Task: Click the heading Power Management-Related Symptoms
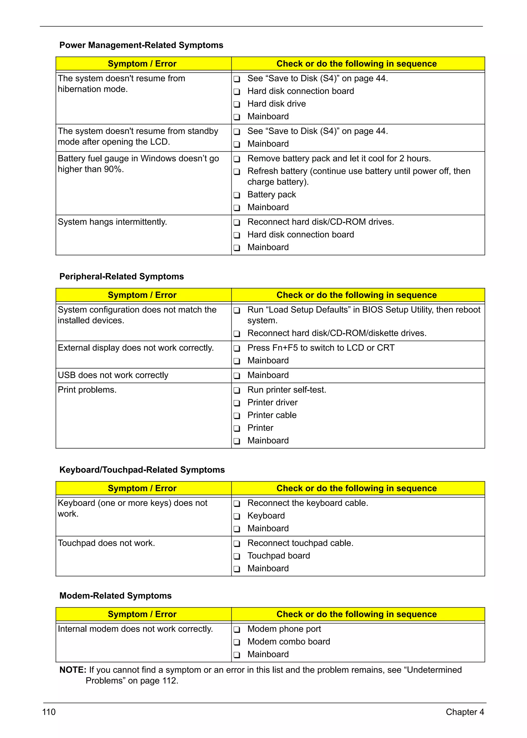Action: pos(141,45)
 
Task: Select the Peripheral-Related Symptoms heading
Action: pos(121,277)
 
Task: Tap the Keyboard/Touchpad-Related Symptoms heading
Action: pos(142,470)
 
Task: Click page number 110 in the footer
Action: pos(49,712)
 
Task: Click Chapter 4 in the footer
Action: pos(464,712)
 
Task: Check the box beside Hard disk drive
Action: pos(237,104)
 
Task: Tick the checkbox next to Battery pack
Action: pos(237,195)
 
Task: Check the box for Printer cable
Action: pos(237,416)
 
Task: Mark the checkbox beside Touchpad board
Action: pos(237,556)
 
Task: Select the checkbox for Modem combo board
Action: pos(237,642)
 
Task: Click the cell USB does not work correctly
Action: pos(113,375)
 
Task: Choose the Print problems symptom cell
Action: pos(87,390)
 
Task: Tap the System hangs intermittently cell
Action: pos(112,222)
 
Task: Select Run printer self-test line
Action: pos(287,390)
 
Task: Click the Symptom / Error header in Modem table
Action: pos(142,614)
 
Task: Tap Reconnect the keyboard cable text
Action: pos(308,503)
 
